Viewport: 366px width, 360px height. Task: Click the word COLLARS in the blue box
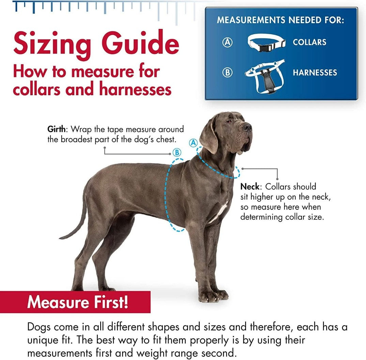(309, 42)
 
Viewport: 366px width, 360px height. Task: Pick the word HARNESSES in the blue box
(315, 72)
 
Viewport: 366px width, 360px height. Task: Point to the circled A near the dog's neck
(193, 143)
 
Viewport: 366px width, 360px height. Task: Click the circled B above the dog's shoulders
(177, 153)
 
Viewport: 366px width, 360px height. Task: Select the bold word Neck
(250, 187)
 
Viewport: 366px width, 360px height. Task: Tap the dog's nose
(248, 127)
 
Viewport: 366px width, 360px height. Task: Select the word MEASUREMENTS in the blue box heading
(251, 20)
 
